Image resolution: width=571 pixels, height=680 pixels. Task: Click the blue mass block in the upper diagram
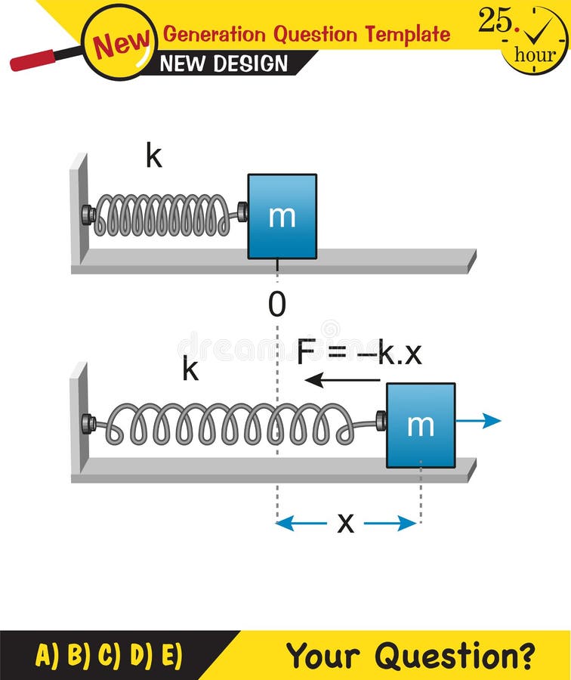click(282, 216)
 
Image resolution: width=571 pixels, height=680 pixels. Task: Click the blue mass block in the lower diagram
click(421, 425)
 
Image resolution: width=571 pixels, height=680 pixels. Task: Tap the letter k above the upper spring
click(154, 157)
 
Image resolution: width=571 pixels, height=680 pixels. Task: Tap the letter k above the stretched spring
click(190, 370)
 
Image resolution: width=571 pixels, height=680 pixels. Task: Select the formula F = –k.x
click(359, 353)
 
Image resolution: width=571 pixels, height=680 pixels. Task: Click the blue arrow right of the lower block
click(479, 421)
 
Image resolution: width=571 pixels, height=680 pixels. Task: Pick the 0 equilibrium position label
click(277, 304)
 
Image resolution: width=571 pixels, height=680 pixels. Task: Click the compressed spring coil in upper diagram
click(162, 215)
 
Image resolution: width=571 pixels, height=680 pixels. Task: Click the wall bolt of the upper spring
click(88, 215)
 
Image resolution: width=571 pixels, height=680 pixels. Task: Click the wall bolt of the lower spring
click(88, 424)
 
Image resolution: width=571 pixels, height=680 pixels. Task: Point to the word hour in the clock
click(535, 55)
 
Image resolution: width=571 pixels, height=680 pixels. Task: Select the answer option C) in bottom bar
click(110, 655)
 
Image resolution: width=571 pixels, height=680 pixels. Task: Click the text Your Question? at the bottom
click(411, 655)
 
